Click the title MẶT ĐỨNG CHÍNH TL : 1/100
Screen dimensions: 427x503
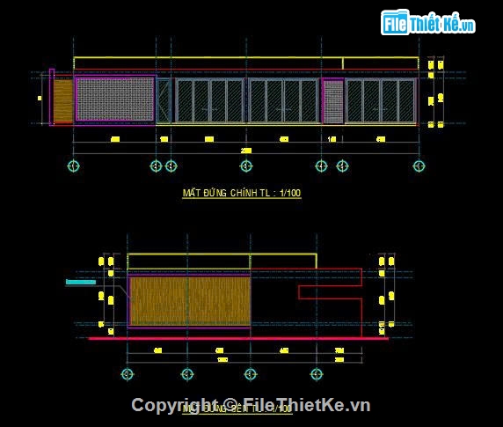241,193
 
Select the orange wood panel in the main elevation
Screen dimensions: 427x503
62,100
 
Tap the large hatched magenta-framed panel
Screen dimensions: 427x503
114,99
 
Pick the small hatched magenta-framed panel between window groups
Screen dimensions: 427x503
332,100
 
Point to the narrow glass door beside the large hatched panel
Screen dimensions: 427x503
164,99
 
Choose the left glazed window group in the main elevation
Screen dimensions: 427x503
209,100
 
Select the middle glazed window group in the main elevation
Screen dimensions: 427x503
283,100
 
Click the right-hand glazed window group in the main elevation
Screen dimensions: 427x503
380,100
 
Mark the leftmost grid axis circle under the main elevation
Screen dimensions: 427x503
74,166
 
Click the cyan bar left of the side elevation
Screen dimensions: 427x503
80,283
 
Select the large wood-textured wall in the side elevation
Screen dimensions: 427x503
189,300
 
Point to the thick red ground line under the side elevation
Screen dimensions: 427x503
237,338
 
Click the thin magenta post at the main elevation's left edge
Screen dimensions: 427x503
52,97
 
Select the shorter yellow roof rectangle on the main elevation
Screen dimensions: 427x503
379,63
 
